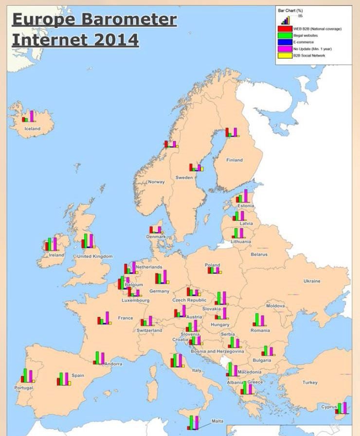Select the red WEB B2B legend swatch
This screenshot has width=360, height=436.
click(285, 29)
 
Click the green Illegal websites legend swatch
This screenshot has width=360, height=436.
click(285, 35)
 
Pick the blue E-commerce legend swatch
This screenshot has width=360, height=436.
click(285, 42)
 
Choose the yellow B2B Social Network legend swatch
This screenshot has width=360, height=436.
click(285, 55)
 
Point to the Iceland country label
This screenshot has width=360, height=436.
click(33, 129)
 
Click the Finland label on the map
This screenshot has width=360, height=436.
click(234, 160)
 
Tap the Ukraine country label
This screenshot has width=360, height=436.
click(312, 281)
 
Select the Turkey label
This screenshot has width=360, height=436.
click(310, 383)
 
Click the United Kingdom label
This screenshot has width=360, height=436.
click(95, 256)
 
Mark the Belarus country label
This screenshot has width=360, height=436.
click(259, 254)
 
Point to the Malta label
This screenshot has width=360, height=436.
click(217, 421)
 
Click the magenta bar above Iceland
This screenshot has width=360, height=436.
click(32, 116)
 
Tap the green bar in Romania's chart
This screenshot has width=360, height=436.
click(257, 319)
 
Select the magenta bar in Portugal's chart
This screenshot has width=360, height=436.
click(31, 376)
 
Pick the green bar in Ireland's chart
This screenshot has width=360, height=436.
click(50, 244)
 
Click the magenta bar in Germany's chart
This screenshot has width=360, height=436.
click(165, 277)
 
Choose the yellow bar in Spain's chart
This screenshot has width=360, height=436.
click(70, 383)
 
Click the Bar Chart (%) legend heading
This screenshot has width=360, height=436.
click(287, 10)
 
